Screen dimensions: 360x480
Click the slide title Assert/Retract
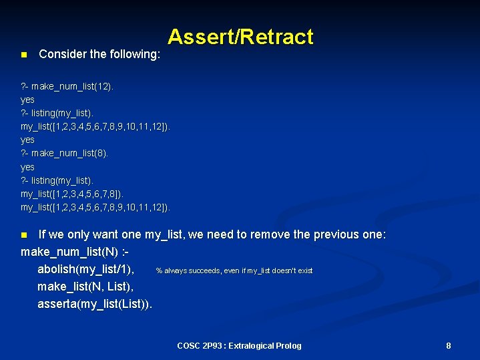pos(240,37)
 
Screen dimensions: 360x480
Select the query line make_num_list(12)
pos(67,86)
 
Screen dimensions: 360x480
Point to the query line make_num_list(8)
pos(64,153)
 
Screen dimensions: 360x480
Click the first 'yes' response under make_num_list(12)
pos(27,100)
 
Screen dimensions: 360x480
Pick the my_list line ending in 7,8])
pos(72,194)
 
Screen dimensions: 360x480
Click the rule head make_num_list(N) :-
pos(75,252)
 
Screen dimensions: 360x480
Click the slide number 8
pos(449,345)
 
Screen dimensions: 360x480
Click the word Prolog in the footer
pos(288,345)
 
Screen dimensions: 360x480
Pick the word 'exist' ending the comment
pos(305,271)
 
